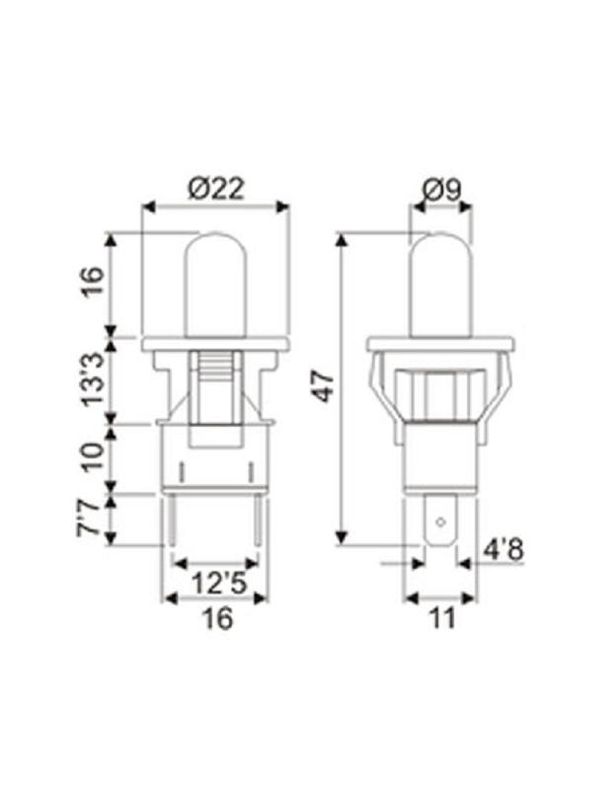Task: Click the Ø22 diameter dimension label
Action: (215, 190)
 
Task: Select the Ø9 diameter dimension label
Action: (441, 190)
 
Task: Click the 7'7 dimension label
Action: (92, 520)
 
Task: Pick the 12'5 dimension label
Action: (215, 581)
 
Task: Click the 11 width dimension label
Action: (441, 619)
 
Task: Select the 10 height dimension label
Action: (92, 456)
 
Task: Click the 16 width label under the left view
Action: (215, 619)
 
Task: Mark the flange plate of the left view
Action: (215, 345)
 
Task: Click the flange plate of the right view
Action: (441, 345)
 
